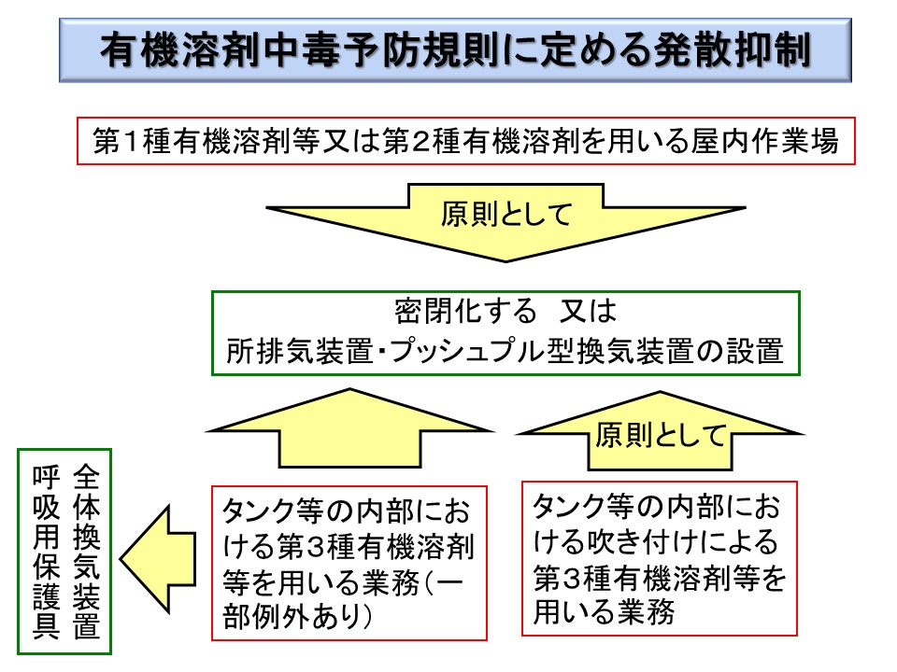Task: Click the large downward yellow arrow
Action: pos(505,233)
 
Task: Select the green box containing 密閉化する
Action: pos(505,332)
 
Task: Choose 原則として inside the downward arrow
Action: pos(505,215)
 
